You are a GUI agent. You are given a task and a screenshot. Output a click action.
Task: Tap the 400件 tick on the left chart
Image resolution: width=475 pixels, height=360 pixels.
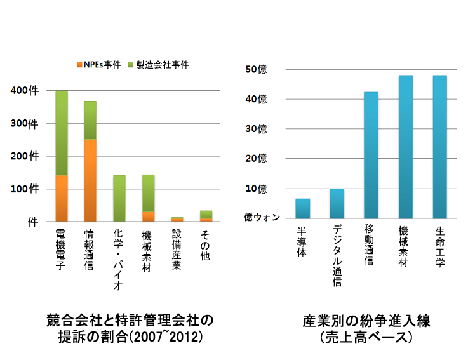[26, 91]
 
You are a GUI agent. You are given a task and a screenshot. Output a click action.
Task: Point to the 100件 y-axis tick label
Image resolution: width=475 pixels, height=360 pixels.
[26, 189]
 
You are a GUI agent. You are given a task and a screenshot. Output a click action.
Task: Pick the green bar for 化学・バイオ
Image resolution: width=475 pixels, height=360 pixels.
[119, 198]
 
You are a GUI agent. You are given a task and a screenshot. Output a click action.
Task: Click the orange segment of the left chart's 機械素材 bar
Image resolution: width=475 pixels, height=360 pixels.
[148, 216]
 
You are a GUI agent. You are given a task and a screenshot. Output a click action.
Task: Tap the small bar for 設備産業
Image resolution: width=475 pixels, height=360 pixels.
[177, 219]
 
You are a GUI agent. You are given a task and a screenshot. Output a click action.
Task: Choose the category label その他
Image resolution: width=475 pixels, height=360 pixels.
[206, 242]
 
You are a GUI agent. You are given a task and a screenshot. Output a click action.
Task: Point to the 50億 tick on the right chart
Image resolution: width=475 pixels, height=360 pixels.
[256, 69]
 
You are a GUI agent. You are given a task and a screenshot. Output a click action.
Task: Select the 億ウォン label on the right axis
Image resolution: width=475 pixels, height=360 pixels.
[262, 217]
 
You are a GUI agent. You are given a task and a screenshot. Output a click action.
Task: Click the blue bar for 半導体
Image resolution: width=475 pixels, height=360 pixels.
[303, 208]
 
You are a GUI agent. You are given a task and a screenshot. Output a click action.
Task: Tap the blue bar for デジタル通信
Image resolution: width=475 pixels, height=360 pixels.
[337, 203]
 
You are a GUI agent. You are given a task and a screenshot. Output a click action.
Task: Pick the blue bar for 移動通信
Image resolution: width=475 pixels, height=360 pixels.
[371, 155]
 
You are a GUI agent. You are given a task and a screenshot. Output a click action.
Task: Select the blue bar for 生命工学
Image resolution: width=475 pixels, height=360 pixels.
[439, 147]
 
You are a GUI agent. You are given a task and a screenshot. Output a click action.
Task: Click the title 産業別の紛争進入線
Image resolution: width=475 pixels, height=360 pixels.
[366, 321]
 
